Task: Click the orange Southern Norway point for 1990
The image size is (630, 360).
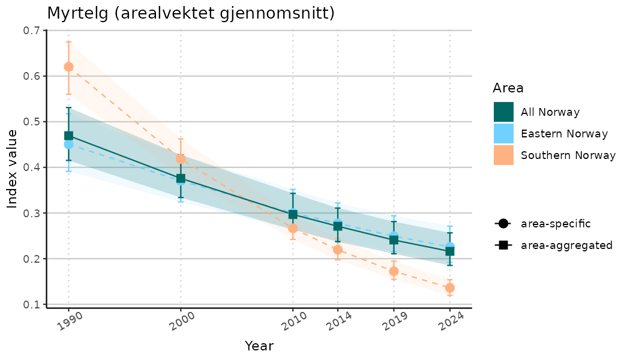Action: click(x=68, y=67)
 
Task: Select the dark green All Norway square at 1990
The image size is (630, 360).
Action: click(x=68, y=136)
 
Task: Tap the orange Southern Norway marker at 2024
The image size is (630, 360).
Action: click(x=450, y=288)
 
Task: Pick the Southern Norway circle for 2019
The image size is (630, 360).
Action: click(x=394, y=271)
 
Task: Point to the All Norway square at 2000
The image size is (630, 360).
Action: click(x=181, y=178)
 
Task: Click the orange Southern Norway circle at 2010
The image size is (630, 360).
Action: click(x=293, y=228)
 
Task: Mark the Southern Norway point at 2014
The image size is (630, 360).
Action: click(x=337, y=250)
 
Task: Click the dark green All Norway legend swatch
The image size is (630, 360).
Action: click(x=503, y=112)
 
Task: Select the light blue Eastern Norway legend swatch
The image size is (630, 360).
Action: click(x=503, y=134)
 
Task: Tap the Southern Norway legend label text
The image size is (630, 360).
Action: click(x=568, y=155)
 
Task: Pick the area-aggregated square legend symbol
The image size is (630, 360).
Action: click(x=503, y=245)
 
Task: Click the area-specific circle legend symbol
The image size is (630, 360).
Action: click(x=503, y=224)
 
